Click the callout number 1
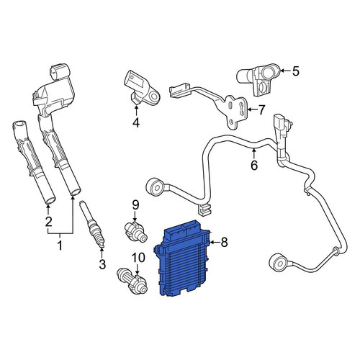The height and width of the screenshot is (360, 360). click(x=59, y=246)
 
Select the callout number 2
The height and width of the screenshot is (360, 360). click(x=48, y=222)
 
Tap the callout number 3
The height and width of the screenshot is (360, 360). click(x=102, y=264)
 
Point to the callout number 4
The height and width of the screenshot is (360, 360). click(x=136, y=122)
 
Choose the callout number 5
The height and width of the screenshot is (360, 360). click(x=295, y=71)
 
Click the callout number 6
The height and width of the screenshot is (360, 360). click(x=254, y=165)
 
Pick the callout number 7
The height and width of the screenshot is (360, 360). click(x=261, y=110)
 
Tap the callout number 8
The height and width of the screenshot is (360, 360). click(x=224, y=243)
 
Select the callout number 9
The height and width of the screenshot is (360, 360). click(x=135, y=204)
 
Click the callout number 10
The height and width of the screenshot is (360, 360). click(x=138, y=258)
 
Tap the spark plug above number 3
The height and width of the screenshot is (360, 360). click(x=94, y=225)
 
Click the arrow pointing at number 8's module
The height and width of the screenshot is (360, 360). click(x=215, y=243)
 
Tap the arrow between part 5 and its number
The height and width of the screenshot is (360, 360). click(x=285, y=71)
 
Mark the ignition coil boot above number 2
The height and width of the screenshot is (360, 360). click(x=34, y=163)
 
